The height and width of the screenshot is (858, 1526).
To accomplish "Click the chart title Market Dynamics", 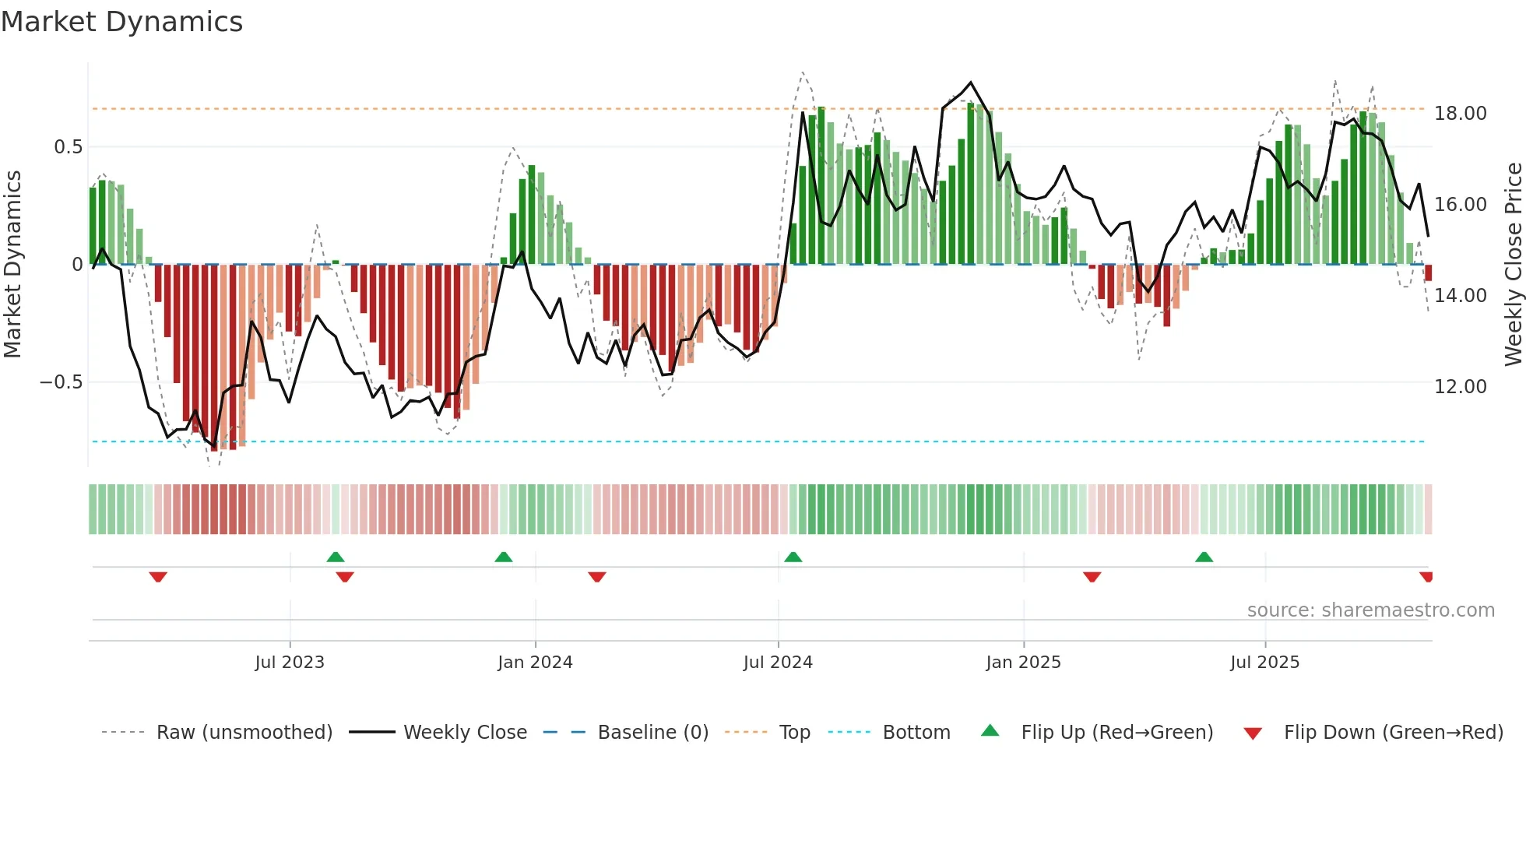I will point(121,22).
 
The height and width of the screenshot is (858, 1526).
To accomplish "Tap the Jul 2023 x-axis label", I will point(290,663).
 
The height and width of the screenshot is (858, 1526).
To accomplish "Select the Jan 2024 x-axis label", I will point(535,663).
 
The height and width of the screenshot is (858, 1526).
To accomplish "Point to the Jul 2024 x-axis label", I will point(778,663).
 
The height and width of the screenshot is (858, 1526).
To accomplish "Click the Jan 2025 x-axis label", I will point(1023,663).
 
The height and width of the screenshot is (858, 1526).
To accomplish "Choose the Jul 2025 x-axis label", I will point(1264,663).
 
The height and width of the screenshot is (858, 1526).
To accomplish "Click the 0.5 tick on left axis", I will point(68,147).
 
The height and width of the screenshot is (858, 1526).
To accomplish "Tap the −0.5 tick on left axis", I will point(61,382).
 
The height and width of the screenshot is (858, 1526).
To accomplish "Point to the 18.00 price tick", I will point(1460,114).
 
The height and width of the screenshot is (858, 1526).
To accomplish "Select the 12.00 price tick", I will point(1460,387).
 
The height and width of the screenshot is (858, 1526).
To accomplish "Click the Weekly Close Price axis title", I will point(1513,265).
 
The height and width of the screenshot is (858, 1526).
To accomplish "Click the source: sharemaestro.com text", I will point(1370,610).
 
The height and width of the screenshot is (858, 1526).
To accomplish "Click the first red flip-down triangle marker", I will point(158,577).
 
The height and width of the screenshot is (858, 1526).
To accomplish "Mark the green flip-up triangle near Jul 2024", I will point(793,557).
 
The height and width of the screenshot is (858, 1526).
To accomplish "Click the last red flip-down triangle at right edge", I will point(1426,577).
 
